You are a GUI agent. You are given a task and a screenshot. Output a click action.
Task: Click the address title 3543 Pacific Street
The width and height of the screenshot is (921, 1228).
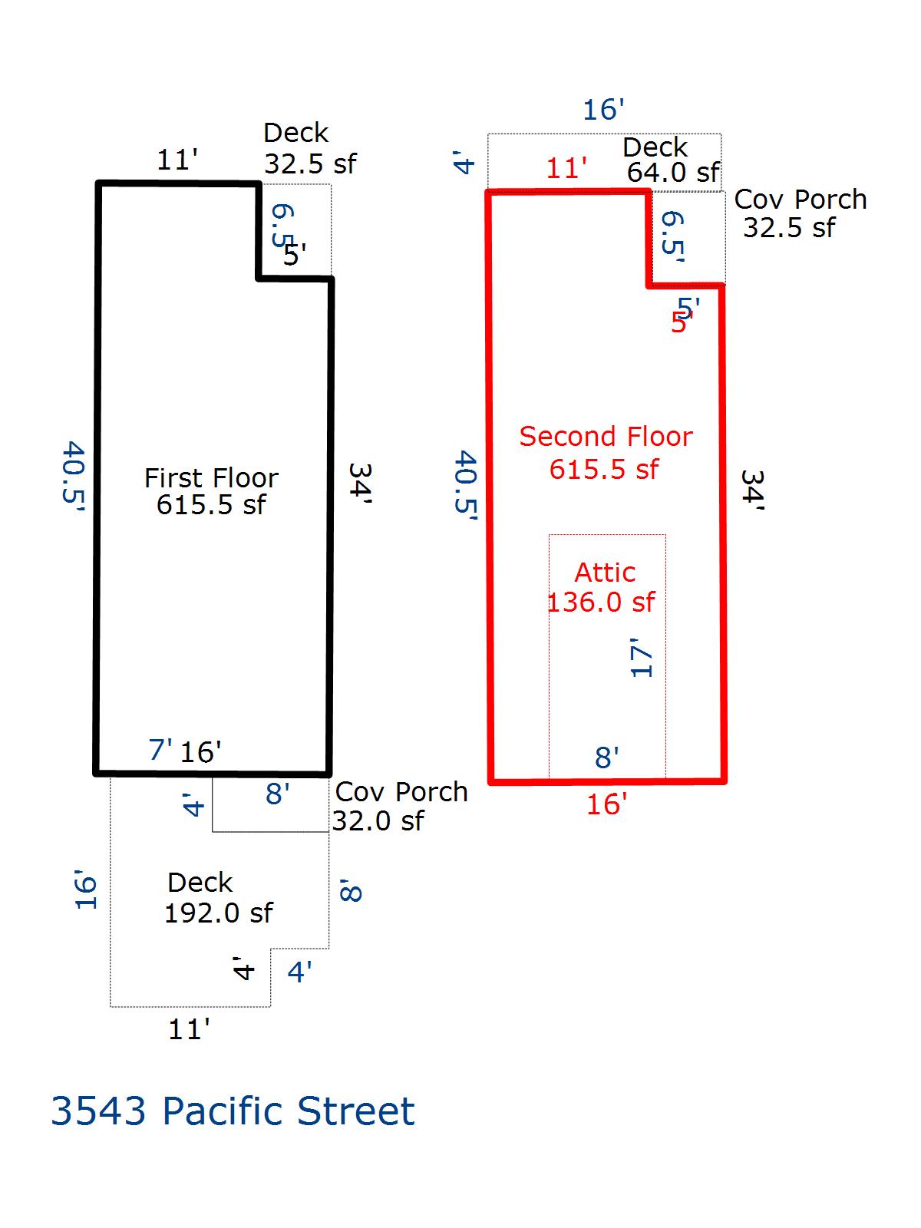(x=233, y=1111)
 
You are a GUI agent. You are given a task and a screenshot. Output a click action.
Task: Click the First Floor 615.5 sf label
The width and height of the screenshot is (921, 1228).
(x=211, y=491)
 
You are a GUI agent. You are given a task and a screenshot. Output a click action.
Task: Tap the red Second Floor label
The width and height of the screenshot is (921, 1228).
(x=606, y=437)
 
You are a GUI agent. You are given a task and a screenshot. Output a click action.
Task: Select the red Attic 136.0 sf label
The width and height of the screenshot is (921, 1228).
(x=602, y=587)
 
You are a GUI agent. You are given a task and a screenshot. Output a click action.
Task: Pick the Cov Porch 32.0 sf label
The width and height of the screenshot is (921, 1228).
(x=399, y=806)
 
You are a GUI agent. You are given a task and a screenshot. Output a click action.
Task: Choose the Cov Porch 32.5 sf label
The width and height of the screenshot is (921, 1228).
(x=798, y=213)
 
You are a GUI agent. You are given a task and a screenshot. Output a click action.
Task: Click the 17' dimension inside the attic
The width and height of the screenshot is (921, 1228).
(x=642, y=657)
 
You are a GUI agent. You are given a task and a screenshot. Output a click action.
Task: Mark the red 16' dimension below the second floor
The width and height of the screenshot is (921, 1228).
(x=606, y=804)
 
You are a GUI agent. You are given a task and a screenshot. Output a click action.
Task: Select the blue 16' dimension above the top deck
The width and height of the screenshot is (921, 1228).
(x=603, y=110)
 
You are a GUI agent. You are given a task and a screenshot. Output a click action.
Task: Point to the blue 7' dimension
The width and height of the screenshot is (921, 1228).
(x=160, y=749)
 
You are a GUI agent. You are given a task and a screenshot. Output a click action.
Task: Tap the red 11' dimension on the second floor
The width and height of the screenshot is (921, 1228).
(x=566, y=168)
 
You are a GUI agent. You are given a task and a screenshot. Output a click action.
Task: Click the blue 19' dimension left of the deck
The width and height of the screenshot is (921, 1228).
(x=86, y=890)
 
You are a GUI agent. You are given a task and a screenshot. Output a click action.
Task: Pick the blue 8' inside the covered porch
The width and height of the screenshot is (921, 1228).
(x=277, y=794)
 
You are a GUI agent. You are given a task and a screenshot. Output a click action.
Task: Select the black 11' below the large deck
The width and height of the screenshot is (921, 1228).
(x=189, y=1029)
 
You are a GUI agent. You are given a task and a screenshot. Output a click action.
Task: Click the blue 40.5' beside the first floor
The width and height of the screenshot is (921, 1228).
(x=73, y=476)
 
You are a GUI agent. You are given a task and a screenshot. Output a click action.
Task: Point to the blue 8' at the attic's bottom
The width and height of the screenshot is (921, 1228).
(x=606, y=758)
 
